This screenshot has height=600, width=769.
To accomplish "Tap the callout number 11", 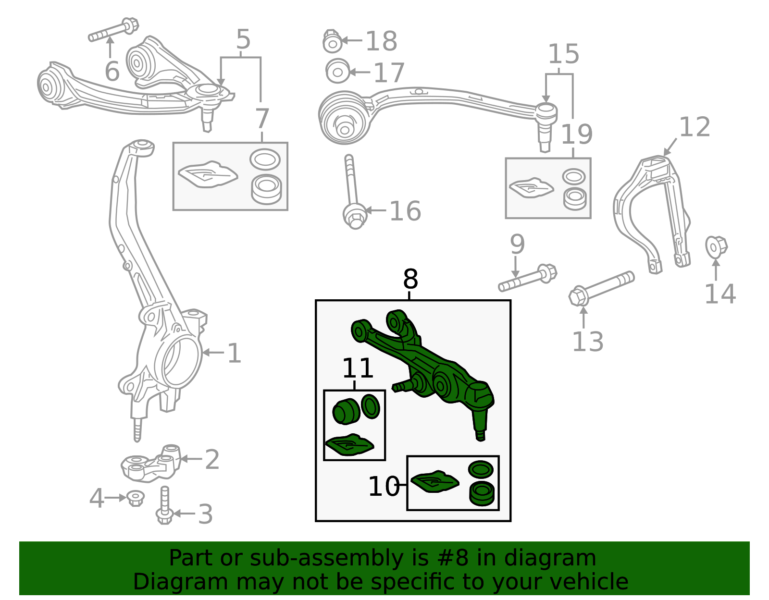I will coord(358,369).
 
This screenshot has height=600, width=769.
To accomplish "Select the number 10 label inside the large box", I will coord(383,487).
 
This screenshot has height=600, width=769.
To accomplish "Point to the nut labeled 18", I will coord(332,42).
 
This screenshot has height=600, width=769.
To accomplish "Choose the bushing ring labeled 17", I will coord(337,72).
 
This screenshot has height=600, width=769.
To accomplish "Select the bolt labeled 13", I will coord(601,287).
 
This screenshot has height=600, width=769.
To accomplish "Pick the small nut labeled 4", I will coord(136,498).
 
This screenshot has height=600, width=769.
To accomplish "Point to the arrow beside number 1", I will coord(213,353).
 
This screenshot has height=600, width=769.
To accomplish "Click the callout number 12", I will coord(695,127).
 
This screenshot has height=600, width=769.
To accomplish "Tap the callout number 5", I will coord(243,39).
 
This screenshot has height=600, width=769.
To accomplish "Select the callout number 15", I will coord(563,54).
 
